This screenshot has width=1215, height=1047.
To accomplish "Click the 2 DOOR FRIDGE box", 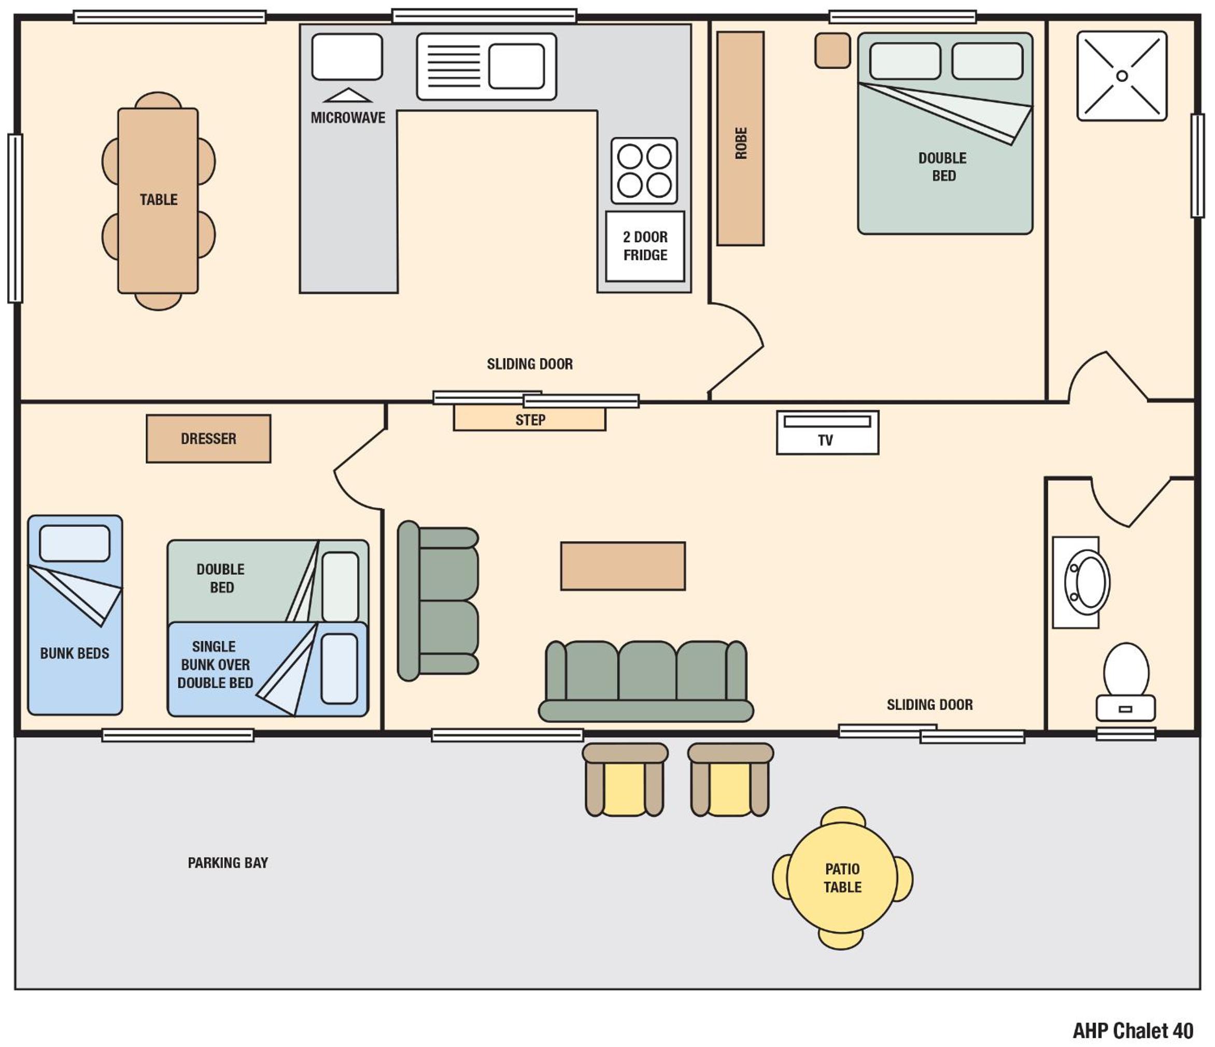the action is pos(645,246).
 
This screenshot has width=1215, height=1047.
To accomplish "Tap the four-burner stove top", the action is pos(644,171).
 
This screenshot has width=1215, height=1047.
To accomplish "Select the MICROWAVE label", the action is pos(348,118).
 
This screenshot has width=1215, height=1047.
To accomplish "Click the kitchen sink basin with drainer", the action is pos(486,66).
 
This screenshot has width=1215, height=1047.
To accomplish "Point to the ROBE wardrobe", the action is pos(741,138).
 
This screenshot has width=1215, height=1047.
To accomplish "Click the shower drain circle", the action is pos(1122,76).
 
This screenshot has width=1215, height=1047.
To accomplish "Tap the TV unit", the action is pos(827,432).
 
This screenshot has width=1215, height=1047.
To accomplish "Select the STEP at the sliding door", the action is pos(530,419).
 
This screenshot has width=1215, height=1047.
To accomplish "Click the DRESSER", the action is pos(208,439).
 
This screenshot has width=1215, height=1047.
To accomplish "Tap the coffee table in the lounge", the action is pos(623,566).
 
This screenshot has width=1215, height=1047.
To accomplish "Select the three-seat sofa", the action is pos(646,681).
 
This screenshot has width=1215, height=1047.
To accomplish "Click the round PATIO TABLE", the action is pos(842,877).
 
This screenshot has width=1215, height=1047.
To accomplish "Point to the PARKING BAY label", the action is pos(228,863).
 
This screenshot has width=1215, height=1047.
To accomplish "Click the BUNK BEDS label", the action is pos(75,653).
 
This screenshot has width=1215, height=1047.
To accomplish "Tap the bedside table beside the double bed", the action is pos(832,50).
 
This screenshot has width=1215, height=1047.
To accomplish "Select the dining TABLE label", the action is pos(158,200).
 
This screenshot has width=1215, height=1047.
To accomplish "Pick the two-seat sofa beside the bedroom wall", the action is pos(437,601).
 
